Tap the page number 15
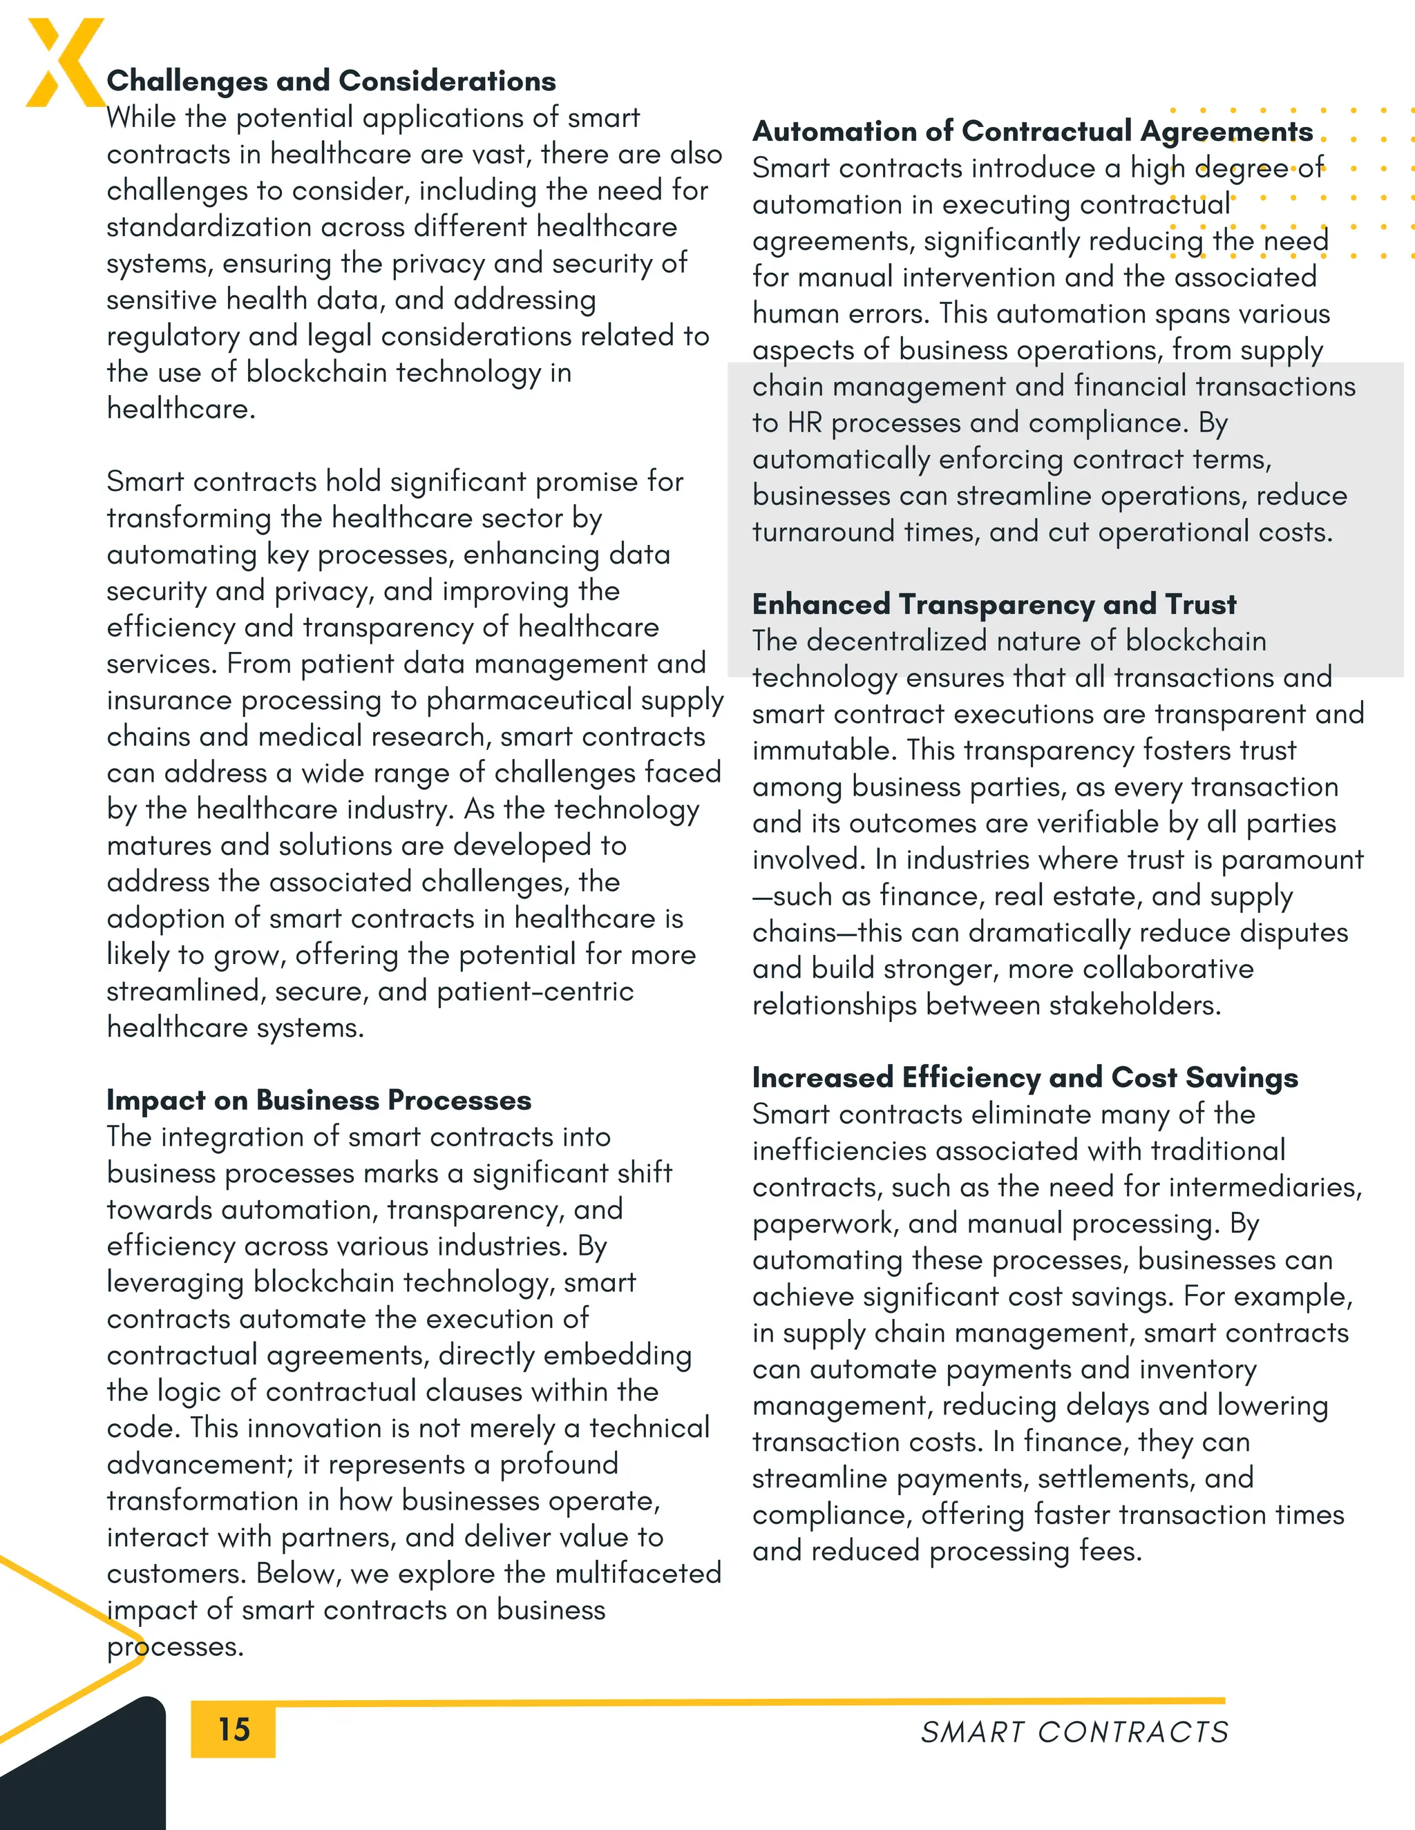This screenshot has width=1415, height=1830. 234,1728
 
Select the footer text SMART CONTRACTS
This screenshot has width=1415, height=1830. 1074,1732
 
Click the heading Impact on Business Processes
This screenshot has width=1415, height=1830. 319,1100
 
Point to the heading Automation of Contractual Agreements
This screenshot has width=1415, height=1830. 1033,131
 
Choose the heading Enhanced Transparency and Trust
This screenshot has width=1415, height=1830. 994,604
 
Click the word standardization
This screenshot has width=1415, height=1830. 209,227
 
